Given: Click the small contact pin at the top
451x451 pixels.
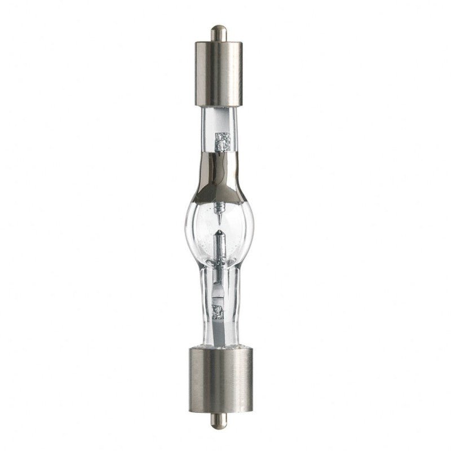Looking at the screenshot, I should [x=216, y=32].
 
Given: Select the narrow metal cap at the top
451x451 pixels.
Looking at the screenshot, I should [x=217, y=73].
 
